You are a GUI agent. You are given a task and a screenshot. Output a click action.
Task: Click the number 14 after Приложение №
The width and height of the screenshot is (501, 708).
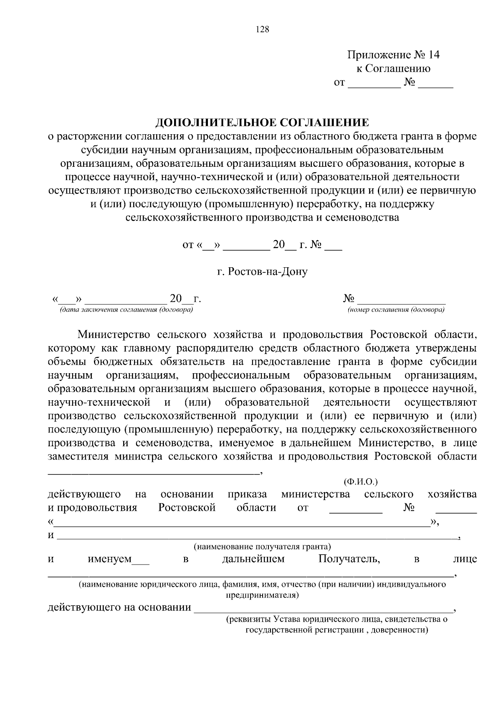point(433,55)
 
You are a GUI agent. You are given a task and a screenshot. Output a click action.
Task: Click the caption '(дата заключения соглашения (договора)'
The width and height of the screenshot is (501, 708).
point(127,310)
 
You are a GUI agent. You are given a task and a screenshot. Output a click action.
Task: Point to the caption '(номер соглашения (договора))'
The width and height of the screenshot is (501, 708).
point(396,310)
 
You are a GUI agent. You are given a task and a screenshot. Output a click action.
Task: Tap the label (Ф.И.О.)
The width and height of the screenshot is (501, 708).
point(360,482)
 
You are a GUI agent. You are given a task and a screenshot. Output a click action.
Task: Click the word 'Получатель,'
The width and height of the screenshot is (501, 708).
point(349,559)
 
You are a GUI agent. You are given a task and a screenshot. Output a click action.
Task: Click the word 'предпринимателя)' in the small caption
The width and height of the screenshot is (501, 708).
point(262,595)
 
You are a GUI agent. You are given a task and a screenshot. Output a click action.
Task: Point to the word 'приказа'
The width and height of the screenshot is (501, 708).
point(247,495)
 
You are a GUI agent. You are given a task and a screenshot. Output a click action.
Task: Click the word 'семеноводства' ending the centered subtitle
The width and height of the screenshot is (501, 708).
point(363,217)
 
